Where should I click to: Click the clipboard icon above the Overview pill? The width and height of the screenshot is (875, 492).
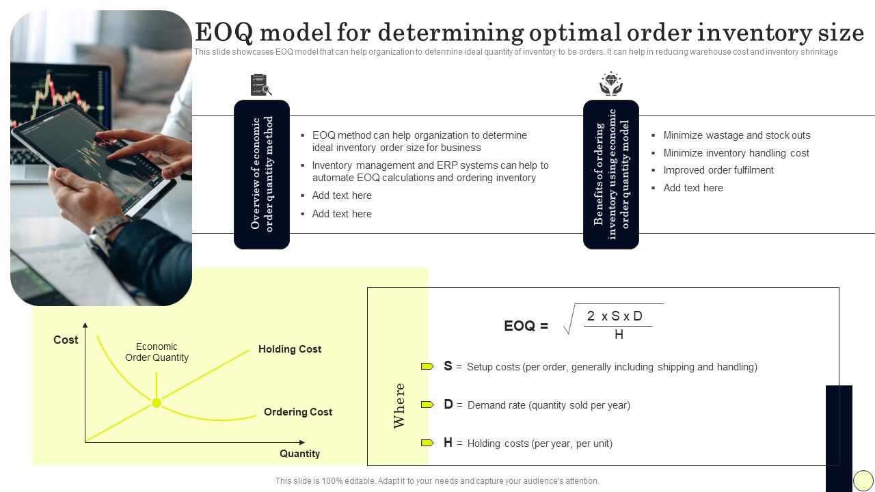click(x=261, y=84)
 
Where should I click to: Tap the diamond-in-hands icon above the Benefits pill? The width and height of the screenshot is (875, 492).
click(x=611, y=83)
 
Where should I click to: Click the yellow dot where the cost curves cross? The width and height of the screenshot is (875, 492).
click(x=157, y=402)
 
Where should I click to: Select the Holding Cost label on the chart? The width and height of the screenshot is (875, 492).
click(x=289, y=348)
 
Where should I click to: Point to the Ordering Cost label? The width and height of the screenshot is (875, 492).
click(x=298, y=411)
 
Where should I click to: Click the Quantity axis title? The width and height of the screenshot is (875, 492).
click(x=299, y=453)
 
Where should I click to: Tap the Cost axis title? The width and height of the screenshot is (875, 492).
click(x=66, y=340)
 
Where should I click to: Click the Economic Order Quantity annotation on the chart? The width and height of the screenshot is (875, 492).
click(x=157, y=352)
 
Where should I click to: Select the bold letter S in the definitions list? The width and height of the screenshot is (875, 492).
click(x=448, y=366)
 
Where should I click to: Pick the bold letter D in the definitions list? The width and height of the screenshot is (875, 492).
click(x=448, y=404)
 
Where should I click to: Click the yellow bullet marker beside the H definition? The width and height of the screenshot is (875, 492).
click(x=427, y=443)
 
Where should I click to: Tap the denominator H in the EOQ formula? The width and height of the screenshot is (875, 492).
click(x=619, y=334)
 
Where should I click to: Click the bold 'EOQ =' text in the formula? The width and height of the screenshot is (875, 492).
click(x=526, y=326)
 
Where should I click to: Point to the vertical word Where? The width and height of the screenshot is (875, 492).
click(x=399, y=406)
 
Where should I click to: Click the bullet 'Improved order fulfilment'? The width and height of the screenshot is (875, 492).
click(x=718, y=170)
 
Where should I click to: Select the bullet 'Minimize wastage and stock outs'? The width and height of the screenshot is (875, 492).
click(x=737, y=135)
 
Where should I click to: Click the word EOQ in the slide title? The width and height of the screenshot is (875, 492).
click(x=224, y=32)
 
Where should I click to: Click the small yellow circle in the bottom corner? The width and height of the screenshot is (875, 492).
click(x=863, y=480)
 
